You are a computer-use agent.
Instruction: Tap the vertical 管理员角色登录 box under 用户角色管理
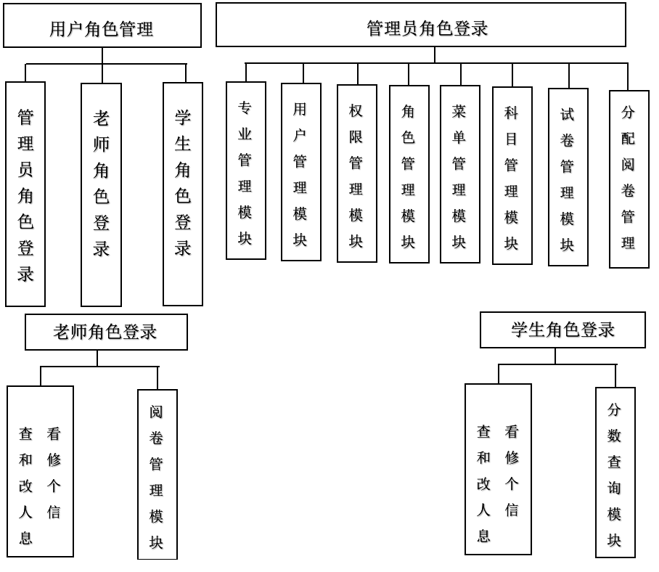[x=25, y=194]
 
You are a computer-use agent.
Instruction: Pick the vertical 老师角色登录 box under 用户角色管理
[x=101, y=195]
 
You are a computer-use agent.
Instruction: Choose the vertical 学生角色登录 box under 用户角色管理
[x=182, y=194]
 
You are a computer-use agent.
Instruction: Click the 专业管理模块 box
[x=245, y=171]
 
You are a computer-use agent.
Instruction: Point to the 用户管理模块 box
[x=300, y=172]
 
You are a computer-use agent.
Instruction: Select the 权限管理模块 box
[x=356, y=173]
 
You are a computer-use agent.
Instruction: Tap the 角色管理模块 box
[x=409, y=174]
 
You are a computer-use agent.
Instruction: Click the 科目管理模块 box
[x=512, y=176]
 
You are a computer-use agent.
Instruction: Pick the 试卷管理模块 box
[x=568, y=177]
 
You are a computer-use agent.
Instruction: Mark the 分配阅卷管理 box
[x=629, y=179]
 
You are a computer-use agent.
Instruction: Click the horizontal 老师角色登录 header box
[x=106, y=332]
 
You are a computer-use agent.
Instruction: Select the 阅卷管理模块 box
[x=157, y=474]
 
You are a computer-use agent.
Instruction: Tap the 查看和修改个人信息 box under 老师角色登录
[x=40, y=471]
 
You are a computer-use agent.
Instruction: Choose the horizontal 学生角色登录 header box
[x=562, y=330]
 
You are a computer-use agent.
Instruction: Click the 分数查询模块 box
[x=615, y=472]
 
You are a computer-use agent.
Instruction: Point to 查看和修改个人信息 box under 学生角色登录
[x=498, y=469]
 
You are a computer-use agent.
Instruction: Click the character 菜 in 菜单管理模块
[x=459, y=111]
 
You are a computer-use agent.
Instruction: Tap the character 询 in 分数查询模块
[x=615, y=488]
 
